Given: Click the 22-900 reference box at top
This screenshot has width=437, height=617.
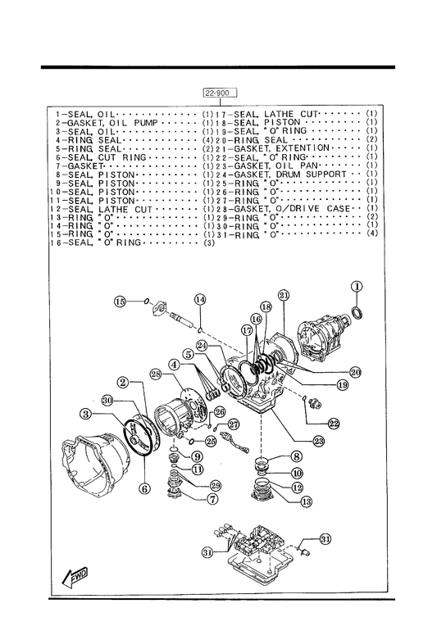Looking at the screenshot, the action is (221, 93).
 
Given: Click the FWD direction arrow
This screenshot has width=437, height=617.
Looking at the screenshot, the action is (75, 578).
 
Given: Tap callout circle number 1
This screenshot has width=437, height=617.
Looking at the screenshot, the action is (357, 287).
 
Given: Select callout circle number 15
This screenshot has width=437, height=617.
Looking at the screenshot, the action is (120, 302).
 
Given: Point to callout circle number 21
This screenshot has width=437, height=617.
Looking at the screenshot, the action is (284, 295).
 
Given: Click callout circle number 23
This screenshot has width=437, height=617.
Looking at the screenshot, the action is (318, 441).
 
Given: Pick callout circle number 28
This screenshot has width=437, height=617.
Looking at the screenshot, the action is (156, 374).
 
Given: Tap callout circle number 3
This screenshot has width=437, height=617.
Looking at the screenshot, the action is (85, 414).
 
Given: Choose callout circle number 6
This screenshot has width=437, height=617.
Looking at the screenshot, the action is (145, 488).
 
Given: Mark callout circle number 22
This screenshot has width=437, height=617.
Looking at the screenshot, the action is (333, 424).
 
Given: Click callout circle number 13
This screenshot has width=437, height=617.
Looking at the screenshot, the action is (307, 501).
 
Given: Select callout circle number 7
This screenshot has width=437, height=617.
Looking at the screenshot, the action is (212, 499).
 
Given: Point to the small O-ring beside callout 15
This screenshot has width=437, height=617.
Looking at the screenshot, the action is (146, 302).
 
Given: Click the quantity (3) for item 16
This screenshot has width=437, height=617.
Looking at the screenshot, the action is (209, 243).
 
